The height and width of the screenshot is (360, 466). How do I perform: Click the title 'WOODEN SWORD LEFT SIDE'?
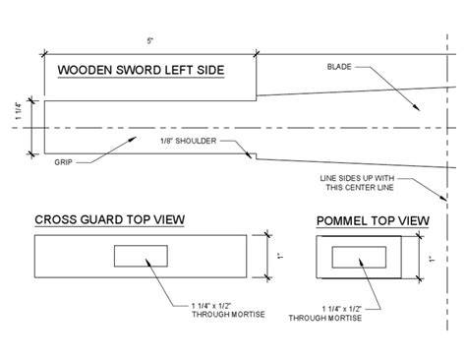pyautogui.click(x=141, y=70)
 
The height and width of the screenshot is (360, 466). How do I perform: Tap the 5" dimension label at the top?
pyautogui.click(x=150, y=41)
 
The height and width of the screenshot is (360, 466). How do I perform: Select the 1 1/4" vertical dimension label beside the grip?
pyautogui.click(x=19, y=111)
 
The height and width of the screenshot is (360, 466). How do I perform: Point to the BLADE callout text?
pyautogui.click(x=339, y=67)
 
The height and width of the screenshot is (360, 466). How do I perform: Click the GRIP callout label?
pyautogui.click(x=63, y=162)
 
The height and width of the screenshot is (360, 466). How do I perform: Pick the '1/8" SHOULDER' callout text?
pyautogui.click(x=189, y=141)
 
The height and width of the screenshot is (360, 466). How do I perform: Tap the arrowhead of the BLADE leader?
pyautogui.click(x=417, y=107)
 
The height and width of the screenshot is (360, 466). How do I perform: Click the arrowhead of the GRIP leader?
pyautogui.click(x=132, y=140)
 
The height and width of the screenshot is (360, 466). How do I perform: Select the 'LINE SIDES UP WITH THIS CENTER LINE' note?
pyautogui.click(x=357, y=183)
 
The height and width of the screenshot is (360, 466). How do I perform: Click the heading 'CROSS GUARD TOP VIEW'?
pyautogui.click(x=110, y=219)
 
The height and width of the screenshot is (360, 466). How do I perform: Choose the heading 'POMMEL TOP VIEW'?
pyautogui.click(x=373, y=221)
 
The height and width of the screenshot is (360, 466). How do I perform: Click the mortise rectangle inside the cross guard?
pyautogui.click(x=141, y=245)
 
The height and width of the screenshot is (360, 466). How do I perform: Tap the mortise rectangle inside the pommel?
pyautogui.click(x=359, y=247)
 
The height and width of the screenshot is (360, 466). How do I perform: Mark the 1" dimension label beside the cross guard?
pyautogui.click(x=280, y=256)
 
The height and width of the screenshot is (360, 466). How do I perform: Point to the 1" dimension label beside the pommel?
pyautogui.click(x=433, y=260)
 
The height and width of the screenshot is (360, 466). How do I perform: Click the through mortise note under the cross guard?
pyautogui.click(x=228, y=310)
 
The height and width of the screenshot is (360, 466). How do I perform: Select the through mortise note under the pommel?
pyautogui.click(x=325, y=314)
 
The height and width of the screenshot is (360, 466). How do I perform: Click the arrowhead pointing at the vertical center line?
pyautogui.click(x=443, y=197)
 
